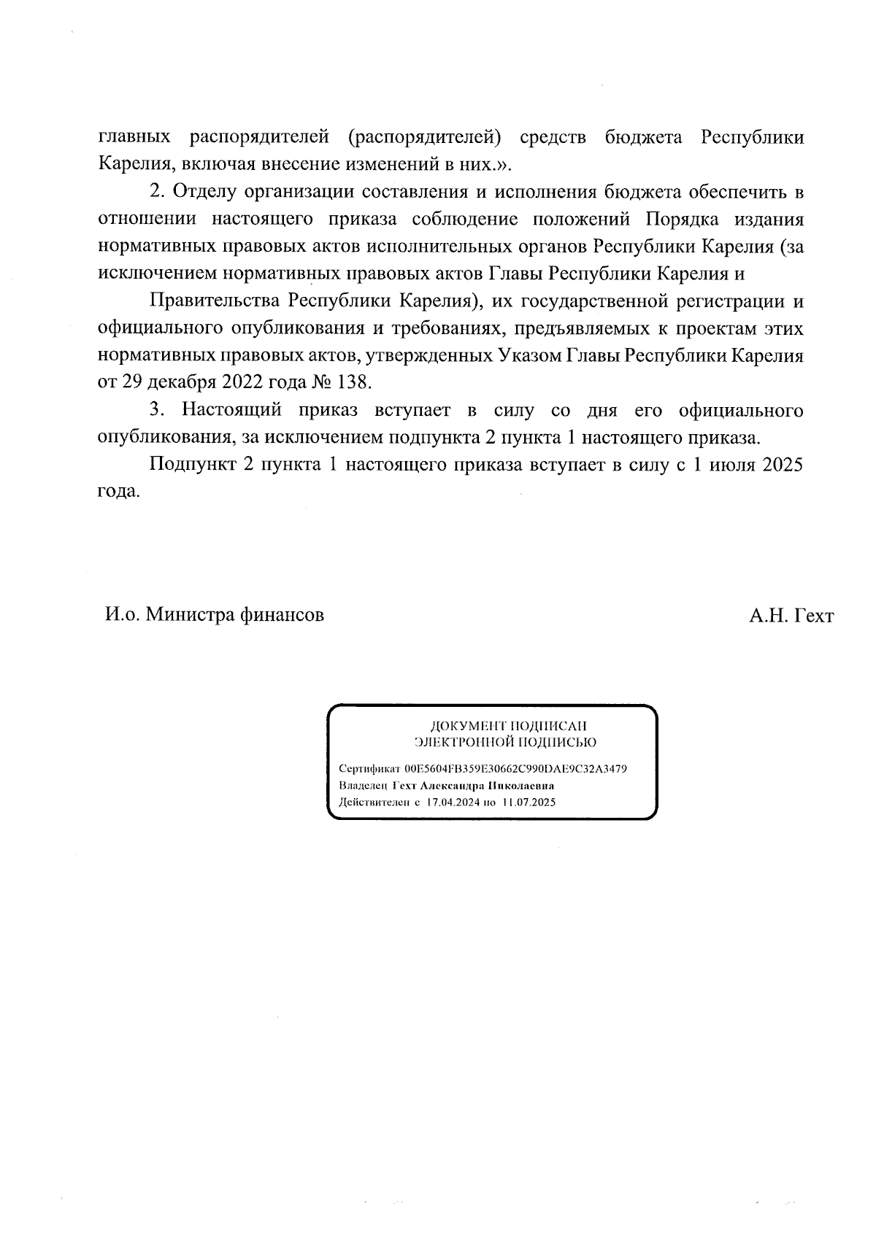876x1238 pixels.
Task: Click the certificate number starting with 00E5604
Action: click(515, 770)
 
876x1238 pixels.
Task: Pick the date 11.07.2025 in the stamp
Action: click(529, 802)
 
